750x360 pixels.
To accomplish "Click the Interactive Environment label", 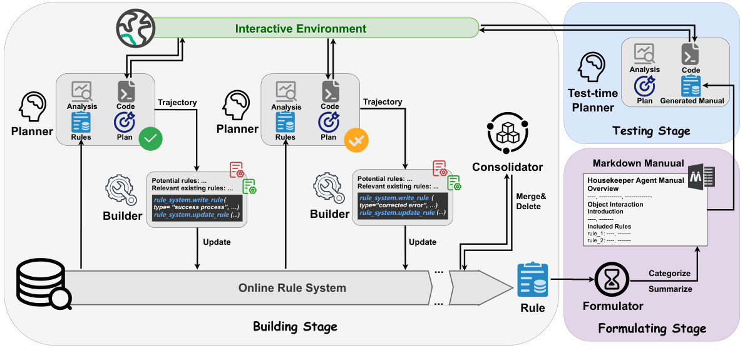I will tap(301, 29).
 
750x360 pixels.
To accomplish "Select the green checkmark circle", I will tap(150, 138).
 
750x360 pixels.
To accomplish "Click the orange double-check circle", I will tap(356, 138).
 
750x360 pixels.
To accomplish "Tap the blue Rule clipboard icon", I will tap(532, 280).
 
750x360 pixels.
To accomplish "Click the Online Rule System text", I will tap(292, 288).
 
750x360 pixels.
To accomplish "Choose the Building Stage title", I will tap(295, 326).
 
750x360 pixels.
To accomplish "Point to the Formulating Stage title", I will tap(652, 328).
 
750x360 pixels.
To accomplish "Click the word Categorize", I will tap(670, 273).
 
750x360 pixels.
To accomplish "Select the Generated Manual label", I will tap(692, 100).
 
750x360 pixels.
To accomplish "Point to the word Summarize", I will tap(670, 289).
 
